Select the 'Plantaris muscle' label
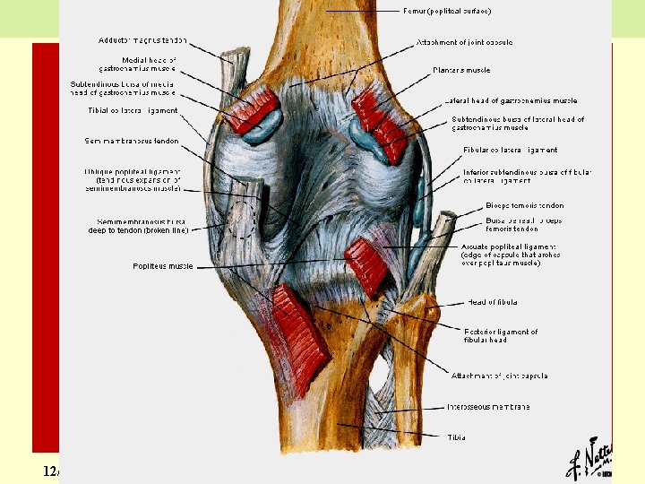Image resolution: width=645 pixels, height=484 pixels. click(x=460, y=68)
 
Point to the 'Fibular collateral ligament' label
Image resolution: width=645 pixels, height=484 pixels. click(x=510, y=150)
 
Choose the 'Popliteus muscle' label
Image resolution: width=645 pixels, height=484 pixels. click(x=162, y=265)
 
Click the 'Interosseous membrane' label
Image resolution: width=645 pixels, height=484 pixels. click(x=488, y=407)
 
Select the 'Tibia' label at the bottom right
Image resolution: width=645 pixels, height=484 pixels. click(x=457, y=437)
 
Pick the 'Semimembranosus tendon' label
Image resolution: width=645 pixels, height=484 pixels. click(x=131, y=141)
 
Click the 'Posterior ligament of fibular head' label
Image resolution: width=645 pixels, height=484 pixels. click(x=501, y=336)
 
